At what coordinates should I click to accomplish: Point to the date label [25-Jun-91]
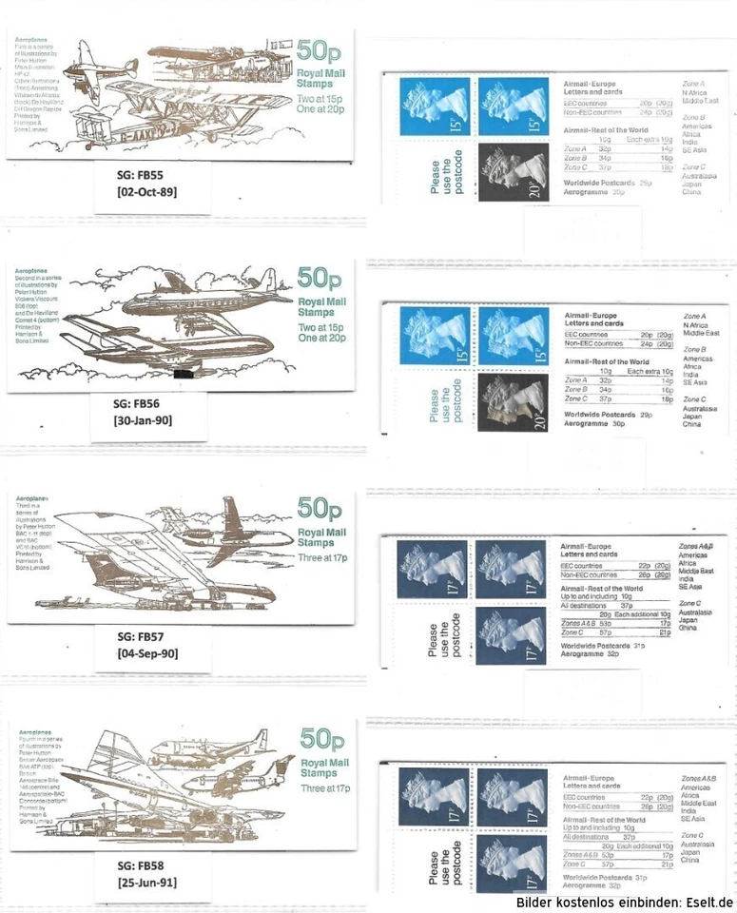[x=147, y=884]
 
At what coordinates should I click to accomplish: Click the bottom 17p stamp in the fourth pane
[x=512, y=865]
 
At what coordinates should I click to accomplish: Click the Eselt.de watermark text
[x=625, y=902]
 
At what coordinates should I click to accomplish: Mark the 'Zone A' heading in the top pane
[x=694, y=84]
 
